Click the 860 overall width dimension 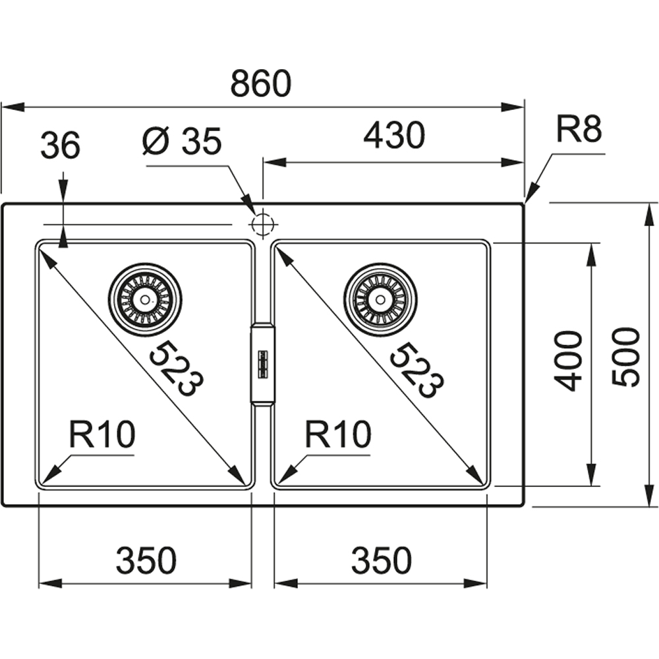[x=261, y=85]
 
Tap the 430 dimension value [x=394, y=136]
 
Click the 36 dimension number [x=60, y=146]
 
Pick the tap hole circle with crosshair [x=262, y=223]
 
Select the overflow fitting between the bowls [x=262, y=363]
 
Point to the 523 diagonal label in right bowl [x=416, y=370]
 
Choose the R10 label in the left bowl [x=102, y=436]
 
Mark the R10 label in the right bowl [x=338, y=436]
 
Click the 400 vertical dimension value [x=569, y=360]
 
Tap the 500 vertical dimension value [x=626, y=357]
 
